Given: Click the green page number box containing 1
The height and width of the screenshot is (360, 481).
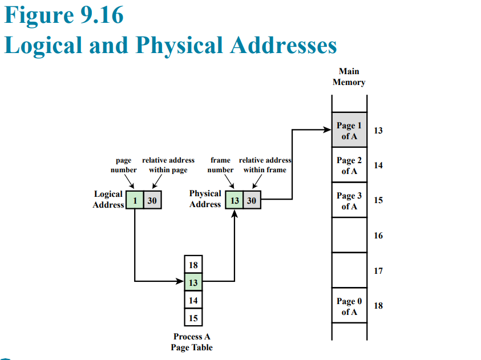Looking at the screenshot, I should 135,200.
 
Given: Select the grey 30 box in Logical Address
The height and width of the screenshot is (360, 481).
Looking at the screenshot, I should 152,200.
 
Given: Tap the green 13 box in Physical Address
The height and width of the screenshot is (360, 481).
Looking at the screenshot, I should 235,200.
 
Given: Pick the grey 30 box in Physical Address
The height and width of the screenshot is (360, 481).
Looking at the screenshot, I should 252,200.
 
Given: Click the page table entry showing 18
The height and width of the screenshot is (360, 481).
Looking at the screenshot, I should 193,265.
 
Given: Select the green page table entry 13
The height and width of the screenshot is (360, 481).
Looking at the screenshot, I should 193,282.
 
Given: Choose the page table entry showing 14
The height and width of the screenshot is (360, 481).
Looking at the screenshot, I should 193,300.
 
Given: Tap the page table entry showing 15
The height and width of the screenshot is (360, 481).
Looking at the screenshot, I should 193,317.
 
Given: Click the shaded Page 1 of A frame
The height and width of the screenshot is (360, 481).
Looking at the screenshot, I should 349,130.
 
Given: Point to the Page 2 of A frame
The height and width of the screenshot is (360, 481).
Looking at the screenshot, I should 349,165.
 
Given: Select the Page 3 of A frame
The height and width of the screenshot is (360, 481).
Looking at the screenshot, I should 349,200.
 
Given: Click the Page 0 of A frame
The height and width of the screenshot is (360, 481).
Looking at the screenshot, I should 349,306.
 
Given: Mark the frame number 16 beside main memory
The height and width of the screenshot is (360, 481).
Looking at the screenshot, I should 378,236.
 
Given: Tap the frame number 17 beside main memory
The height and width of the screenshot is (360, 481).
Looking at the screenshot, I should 378,271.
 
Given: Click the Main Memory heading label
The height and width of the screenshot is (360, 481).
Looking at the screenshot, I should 349,77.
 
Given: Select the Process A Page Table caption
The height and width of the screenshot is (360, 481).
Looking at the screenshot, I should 192,342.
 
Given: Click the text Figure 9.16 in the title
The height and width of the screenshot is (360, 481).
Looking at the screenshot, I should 64,15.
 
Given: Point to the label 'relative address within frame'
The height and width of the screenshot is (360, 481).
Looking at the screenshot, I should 265,165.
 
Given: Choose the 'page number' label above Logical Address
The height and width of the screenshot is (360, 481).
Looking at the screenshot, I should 124,165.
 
